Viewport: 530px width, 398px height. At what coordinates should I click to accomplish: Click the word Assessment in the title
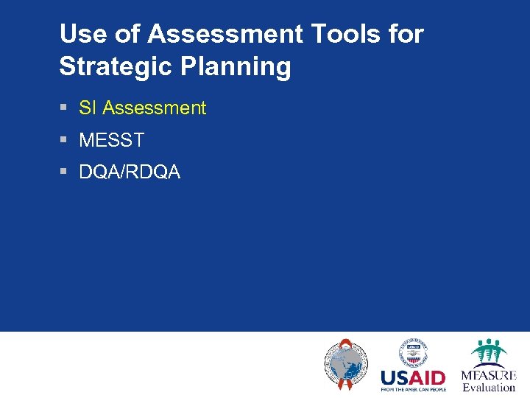225,34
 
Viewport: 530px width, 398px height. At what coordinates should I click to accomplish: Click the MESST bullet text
111,140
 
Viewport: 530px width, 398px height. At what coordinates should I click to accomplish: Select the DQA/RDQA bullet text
130,172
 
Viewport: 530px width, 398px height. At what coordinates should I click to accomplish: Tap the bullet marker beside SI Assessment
64,108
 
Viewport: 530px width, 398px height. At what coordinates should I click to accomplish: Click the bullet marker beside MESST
64,140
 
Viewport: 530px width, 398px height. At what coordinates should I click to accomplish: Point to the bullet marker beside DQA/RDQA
64,172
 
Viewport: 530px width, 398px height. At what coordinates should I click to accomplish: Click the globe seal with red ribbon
345,364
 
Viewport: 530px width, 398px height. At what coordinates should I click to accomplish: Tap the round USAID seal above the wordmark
413,352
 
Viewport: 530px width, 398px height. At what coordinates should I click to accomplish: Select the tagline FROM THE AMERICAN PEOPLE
413,389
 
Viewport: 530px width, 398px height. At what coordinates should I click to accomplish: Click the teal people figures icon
489,352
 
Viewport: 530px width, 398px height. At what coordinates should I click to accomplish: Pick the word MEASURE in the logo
489,375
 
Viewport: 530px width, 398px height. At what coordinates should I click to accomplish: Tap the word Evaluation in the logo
489,388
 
